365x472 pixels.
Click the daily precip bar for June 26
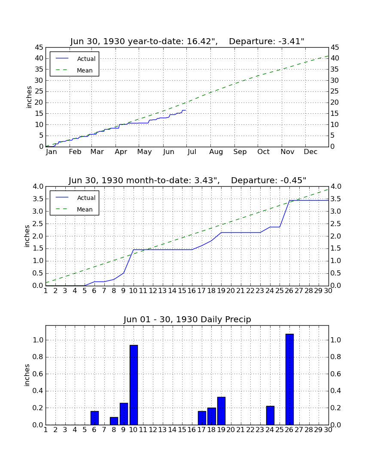coord(289,379)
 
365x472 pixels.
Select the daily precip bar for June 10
coord(134,385)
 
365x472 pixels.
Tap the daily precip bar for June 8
coord(114,421)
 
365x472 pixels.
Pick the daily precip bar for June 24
coord(270,415)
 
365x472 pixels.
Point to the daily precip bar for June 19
coord(221,411)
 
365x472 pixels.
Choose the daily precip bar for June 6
coord(94,418)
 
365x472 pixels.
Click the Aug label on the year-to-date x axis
coord(216,152)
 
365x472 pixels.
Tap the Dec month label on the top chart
coord(310,152)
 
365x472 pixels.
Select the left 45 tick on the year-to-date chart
coord(39,48)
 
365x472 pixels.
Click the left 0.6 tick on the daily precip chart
coord(38,374)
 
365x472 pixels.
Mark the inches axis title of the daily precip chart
coord(27,375)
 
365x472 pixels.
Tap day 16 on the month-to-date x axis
coord(192,291)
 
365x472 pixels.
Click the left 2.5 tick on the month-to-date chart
coord(38,224)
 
